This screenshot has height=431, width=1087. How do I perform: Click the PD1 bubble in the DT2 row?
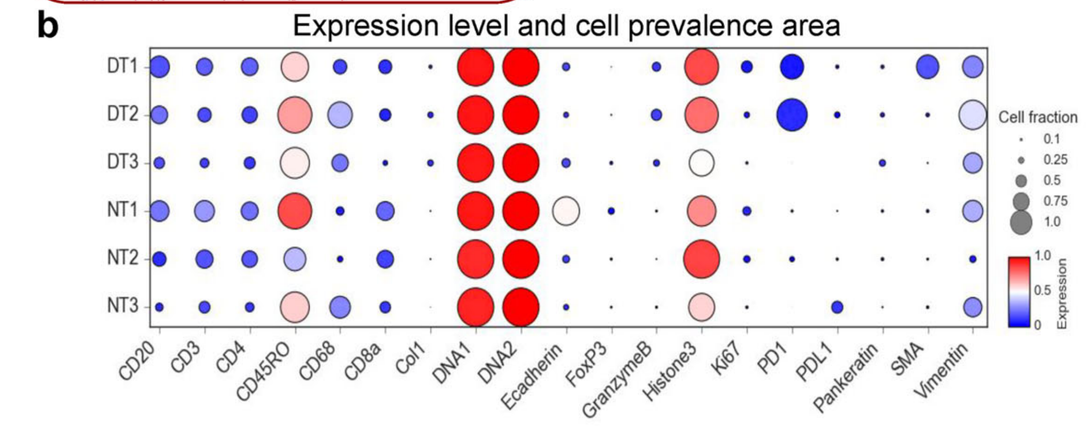[792, 115]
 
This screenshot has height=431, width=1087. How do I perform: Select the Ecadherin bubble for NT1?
[566, 211]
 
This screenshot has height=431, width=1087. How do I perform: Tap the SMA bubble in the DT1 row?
[927, 67]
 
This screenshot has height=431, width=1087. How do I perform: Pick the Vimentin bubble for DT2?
[972, 115]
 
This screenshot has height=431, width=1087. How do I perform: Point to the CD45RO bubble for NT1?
[295, 211]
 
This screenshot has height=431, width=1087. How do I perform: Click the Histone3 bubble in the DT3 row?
[701, 163]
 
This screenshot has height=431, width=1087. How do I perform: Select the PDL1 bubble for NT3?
[837, 307]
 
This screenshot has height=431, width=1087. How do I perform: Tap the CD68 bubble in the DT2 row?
[340, 115]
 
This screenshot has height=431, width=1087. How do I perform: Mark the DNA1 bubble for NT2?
[476, 259]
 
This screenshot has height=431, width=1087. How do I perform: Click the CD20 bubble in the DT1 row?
[159, 67]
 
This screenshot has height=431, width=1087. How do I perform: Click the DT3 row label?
[122, 162]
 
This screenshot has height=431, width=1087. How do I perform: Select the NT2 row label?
[122, 258]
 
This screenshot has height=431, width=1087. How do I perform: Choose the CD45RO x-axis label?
[265, 373]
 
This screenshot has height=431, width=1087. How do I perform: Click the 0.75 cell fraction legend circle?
[1021, 201]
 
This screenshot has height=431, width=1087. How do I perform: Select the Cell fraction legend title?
[1038, 117]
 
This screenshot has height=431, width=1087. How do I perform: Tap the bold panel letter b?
[48, 27]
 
